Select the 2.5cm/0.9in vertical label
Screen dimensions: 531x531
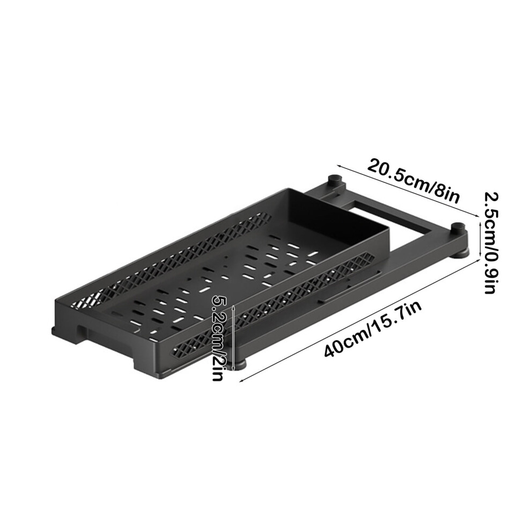(x=490, y=243)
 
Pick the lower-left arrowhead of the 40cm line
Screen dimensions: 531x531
(x=241, y=381)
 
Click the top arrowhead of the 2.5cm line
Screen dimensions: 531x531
(x=480, y=222)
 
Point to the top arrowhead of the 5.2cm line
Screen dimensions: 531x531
(x=233, y=307)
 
